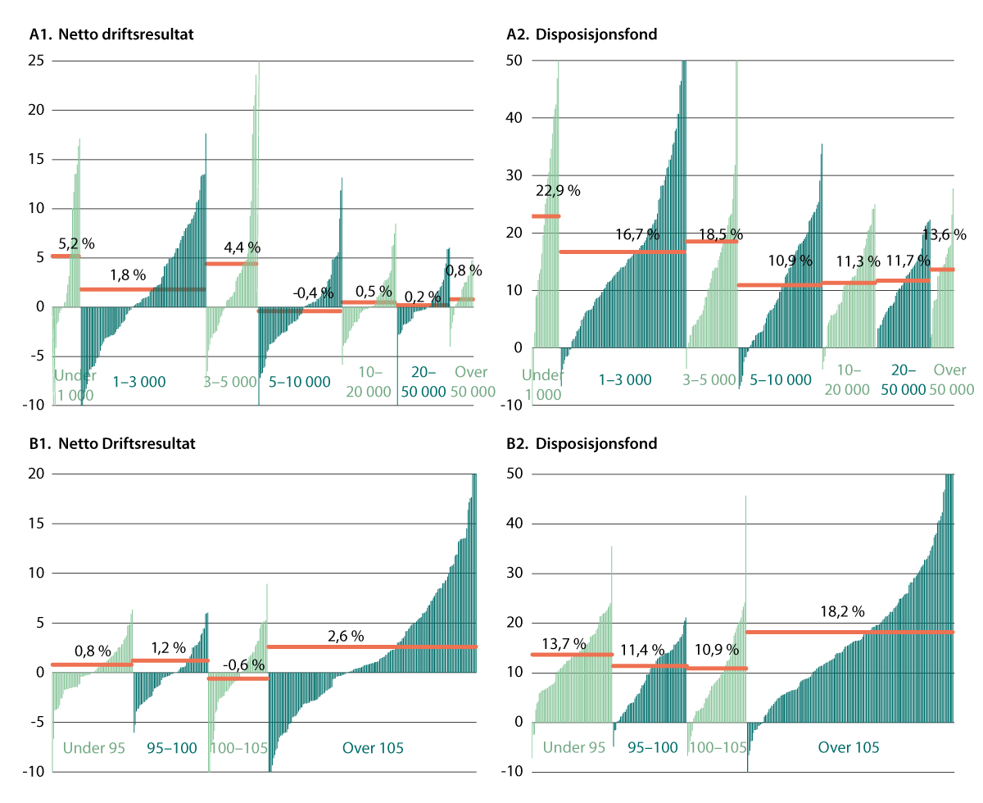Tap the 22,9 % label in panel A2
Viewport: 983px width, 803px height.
pos(558,191)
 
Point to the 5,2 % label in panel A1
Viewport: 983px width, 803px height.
pos(75,243)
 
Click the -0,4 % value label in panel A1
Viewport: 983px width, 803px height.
pos(314,293)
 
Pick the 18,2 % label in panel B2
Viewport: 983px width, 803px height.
pos(844,611)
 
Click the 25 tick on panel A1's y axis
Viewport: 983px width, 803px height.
pos(35,61)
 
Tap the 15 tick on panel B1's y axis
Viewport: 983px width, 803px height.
pos(35,524)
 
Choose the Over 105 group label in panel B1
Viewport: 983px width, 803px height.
pos(373,747)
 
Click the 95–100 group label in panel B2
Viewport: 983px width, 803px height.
pos(652,747)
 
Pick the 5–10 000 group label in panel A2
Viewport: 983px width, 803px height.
pos(779,379)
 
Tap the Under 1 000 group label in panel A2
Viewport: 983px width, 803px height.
pos(542,384)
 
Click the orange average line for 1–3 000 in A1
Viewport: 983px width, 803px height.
pos(143,289)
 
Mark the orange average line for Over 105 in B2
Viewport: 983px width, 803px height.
pos(850,632)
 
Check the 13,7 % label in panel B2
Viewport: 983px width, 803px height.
pos(564,644)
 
